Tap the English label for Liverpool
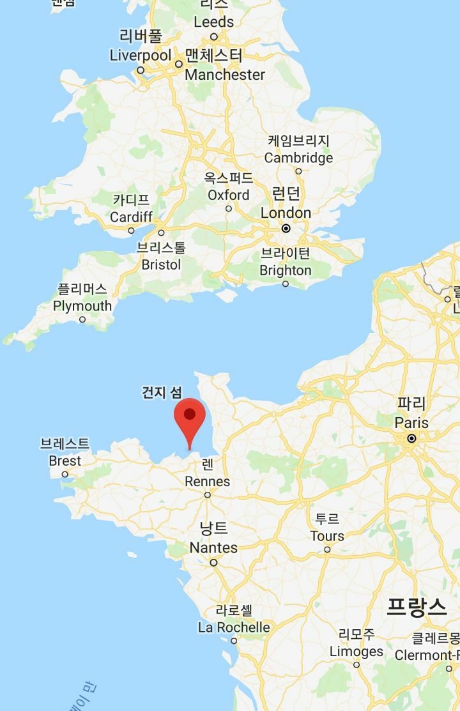point(141,56)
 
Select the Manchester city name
point(224,75)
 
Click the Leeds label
point(213,22)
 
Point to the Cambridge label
point(298,158)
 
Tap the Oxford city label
point(228,195)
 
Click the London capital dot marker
point(286,228)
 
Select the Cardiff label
point(131,217)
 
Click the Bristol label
point(161,264)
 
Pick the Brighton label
point(285,270)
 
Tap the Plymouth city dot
point(82,319)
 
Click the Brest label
point(65,461)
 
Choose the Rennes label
point(207,482)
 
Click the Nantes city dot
point(213,563)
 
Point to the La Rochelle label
point(234,627)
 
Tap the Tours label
point(327,536)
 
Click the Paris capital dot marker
point(411,438)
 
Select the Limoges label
point(356,652)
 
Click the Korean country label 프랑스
point(417,607)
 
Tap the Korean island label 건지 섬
point(162,392)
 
